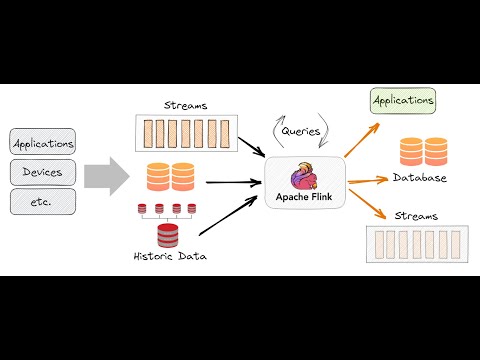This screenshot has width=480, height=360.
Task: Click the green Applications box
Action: tap(403, 100)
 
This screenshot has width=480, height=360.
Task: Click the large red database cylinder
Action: tap(167, 235)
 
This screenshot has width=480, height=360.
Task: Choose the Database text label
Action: tap(420, 177)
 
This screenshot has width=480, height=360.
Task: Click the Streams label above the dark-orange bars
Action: tap(184, 104)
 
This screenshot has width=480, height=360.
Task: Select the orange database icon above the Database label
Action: tap(423, 151)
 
